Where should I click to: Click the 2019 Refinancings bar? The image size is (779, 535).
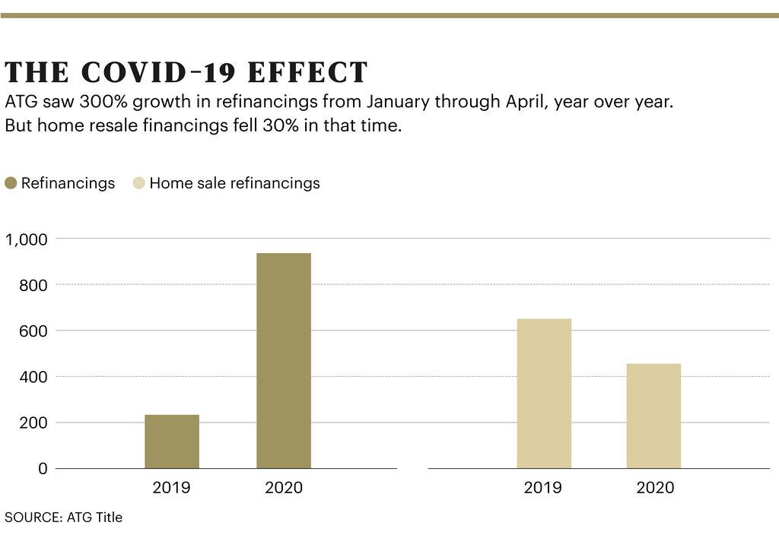[x=172, y=442]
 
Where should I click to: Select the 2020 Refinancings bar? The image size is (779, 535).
[x=283, y=361]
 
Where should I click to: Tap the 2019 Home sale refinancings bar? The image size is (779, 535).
[x=543, y=394]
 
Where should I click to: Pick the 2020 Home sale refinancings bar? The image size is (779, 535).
[x=653, y=416]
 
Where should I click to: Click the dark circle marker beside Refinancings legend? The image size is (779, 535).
[x=11, y=183]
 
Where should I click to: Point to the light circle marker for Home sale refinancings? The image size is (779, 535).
[x=138, y=183]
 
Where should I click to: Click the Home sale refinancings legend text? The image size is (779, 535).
[x=234, y=183]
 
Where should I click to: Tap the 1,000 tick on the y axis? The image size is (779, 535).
[x=27, y=239]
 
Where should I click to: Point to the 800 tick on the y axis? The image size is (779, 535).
[x=33, y=285]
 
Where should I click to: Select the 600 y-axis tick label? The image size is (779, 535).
[x=33, y=331]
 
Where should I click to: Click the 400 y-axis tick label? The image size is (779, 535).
[x=33, y=377]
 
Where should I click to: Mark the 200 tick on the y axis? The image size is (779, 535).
[x=33, y=423]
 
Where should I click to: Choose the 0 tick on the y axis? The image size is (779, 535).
[x=43, y=469]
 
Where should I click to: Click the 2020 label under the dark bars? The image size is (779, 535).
[x=283, y=488]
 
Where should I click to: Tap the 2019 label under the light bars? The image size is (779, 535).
[x=543, y=488]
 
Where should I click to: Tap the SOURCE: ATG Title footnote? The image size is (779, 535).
[x=63, y=518]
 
